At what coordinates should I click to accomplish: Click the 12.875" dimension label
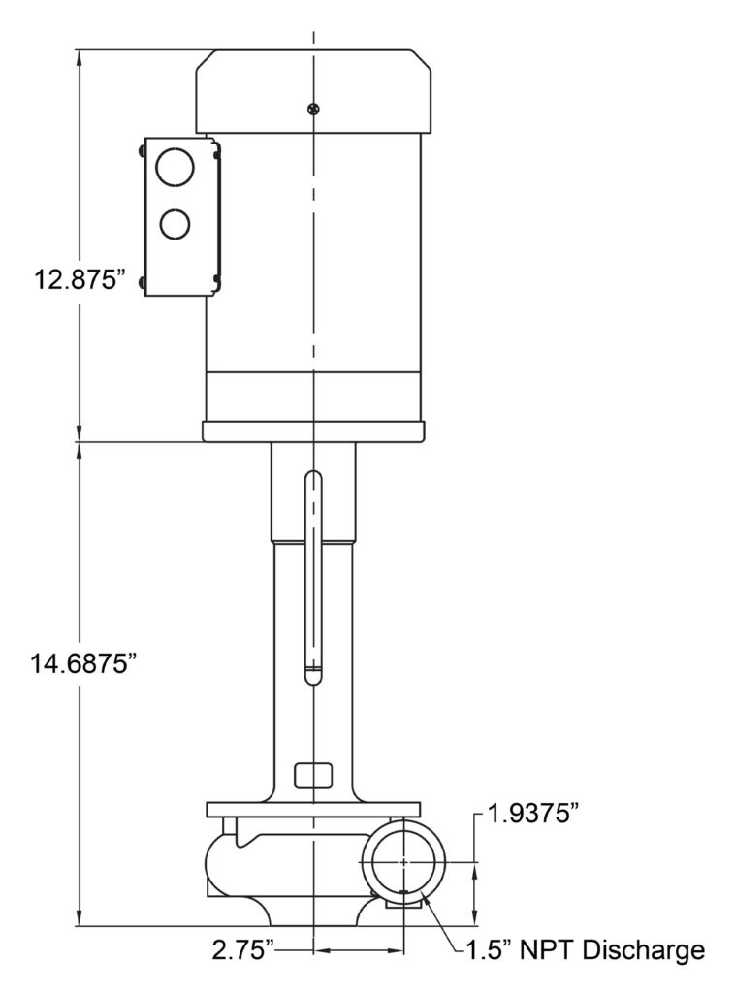[76, 278]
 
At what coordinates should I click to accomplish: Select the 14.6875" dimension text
[83, 665]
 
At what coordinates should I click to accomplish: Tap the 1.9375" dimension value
[533, 814]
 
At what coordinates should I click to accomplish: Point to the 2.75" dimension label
[243, 950]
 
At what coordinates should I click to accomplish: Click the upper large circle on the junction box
[175, 167]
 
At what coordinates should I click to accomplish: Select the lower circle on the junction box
[175, 224]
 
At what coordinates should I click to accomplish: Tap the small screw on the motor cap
[313, 109]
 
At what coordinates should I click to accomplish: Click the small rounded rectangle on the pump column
[313, 775]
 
